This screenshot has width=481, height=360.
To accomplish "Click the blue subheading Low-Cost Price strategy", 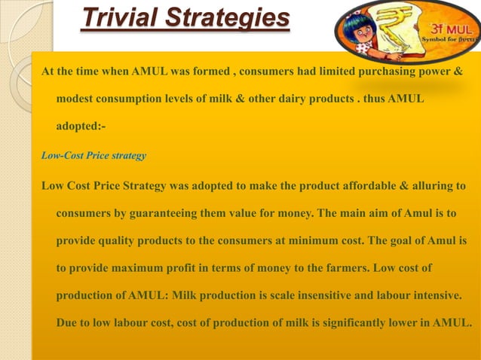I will coord(93,157).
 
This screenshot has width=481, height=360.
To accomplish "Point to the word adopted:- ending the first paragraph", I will coord(86,128).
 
